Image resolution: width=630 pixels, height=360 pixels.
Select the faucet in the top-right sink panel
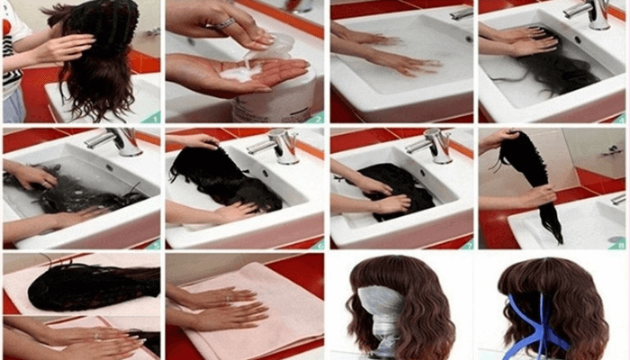click(589, 12)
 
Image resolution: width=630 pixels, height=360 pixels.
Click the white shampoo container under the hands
click(274, 99)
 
